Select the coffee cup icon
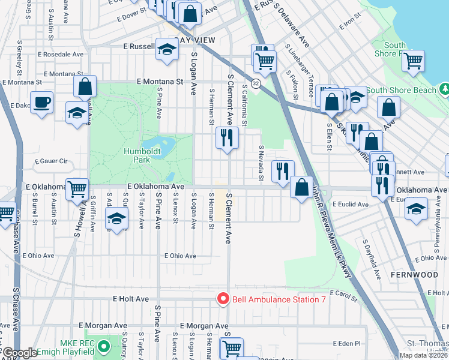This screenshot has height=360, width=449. point(41,102)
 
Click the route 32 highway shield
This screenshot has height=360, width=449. point(256,83)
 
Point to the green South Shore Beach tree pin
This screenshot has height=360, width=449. point(444,90)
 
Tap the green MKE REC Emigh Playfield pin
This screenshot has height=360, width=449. point(104,346)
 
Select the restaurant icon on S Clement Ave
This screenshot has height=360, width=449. point(227,138)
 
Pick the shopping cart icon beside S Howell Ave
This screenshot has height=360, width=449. point(77,189)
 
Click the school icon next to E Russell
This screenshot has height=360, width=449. point(166,50)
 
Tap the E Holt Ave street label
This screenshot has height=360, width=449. point(130,298)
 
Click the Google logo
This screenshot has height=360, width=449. point(20,353)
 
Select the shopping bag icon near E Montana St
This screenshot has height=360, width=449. point(85,86)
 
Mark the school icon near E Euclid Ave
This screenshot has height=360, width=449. point(415,208)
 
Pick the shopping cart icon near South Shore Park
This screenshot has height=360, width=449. point(414,60)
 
